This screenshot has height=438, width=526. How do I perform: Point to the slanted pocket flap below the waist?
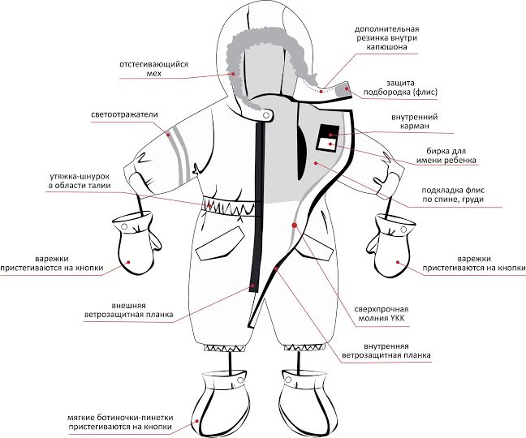[221, 241]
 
